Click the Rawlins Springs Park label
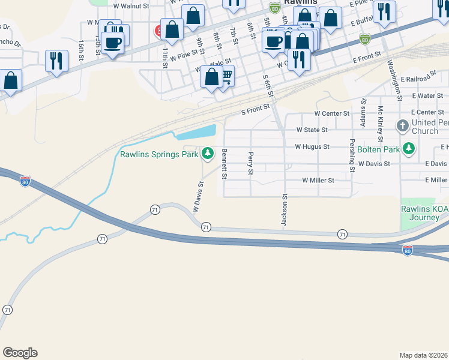[158, 154]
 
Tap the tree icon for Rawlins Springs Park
[208, 154]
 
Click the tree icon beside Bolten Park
[409, 148]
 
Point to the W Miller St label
[318, 180]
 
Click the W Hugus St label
[312, 146]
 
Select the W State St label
[312, 130]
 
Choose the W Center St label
[331, 113]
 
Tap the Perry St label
[250, 164]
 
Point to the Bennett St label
[224, 164]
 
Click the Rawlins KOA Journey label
[425, 213]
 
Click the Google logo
[20, 353]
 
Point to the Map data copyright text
[423, 355]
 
